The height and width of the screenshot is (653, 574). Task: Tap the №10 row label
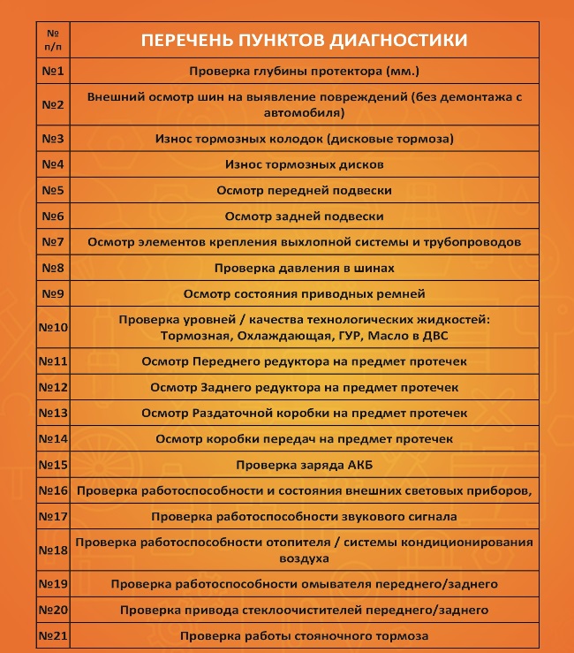point(54,328)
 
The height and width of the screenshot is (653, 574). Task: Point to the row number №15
point(54,464)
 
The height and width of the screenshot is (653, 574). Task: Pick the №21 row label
point(54,636)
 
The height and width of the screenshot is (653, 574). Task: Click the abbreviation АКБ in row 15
point(359,464)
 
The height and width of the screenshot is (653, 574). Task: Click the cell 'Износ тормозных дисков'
point(304,164)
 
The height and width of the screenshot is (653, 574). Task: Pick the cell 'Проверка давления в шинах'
point(304,268)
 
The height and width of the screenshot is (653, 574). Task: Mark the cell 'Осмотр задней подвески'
point(304,216)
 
